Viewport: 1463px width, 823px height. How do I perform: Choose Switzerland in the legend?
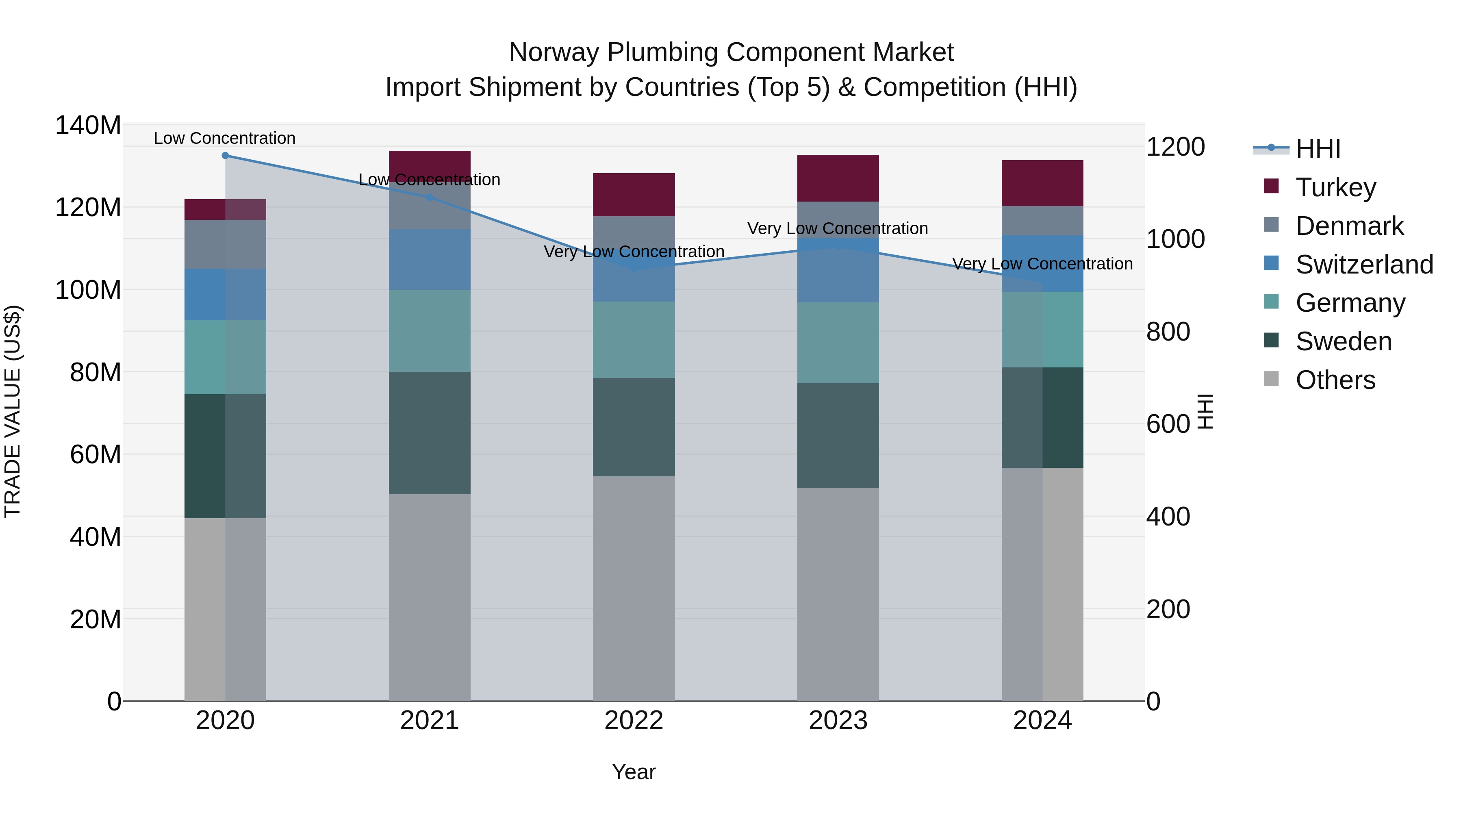1363,265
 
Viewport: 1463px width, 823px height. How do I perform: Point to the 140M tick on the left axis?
88,126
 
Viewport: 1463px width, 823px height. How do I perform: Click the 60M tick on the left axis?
96,454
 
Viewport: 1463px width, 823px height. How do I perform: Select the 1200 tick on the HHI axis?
1175,147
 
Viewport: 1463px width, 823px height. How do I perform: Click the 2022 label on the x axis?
634,721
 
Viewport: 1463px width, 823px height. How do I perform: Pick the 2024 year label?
1042,721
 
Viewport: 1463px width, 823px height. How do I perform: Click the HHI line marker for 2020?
226,155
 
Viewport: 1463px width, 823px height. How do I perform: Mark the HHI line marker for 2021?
430,197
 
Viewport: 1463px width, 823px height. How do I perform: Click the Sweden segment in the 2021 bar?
430,433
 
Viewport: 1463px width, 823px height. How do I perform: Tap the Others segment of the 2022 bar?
634,588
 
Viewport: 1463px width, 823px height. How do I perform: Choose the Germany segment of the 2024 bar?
1042,330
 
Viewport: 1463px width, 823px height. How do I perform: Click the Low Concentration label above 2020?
224,138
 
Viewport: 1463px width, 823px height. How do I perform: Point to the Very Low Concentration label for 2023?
837,228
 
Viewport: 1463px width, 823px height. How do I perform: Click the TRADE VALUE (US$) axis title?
13,412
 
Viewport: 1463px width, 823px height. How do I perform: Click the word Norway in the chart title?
554,52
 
